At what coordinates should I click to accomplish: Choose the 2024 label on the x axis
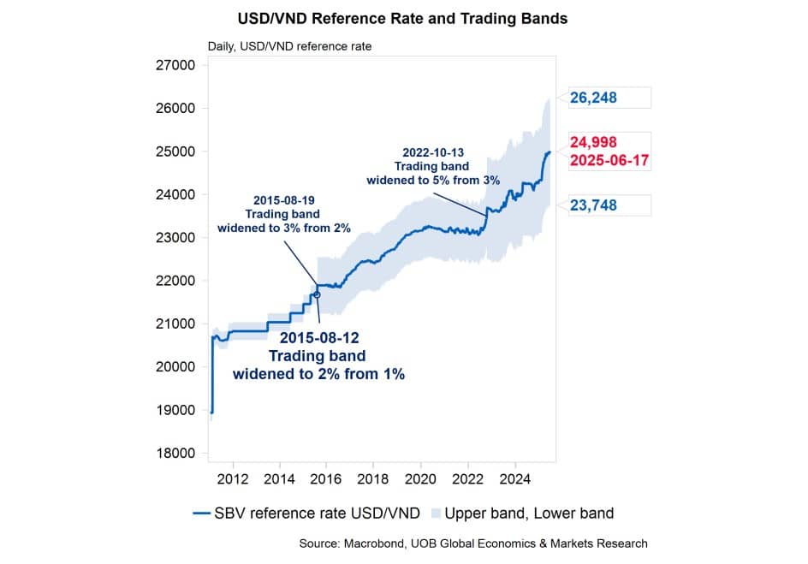514,476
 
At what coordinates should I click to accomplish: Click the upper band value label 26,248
593,98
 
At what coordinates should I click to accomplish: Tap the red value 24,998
593,142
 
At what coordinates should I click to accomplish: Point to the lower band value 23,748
593,205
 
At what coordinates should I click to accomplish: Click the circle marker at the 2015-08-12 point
318,294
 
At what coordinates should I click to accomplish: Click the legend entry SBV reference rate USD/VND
316,514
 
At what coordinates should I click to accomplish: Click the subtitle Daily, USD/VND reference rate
289,45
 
